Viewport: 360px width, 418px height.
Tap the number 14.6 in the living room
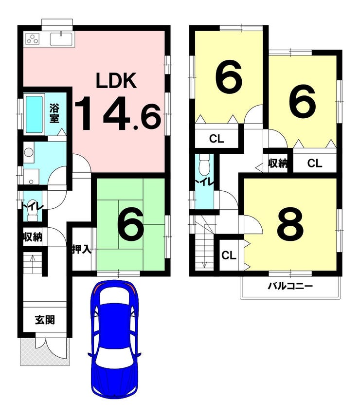click(118, 113)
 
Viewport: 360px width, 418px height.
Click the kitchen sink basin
click(62, 39)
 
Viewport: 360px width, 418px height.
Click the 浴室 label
click(54, 113)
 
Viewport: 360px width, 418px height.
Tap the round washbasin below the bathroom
click(28, 152)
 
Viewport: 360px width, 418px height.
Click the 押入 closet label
click(82, 250)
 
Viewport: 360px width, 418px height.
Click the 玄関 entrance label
click(45, 320)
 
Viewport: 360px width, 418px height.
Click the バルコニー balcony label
click(290, 286)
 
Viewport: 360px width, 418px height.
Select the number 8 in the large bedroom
click(290, 223)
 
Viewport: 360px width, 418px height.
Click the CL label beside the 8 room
click(229, 255)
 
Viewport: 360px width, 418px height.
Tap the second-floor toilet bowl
click(205, 162)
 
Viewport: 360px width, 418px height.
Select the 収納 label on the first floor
click(32, 236)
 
